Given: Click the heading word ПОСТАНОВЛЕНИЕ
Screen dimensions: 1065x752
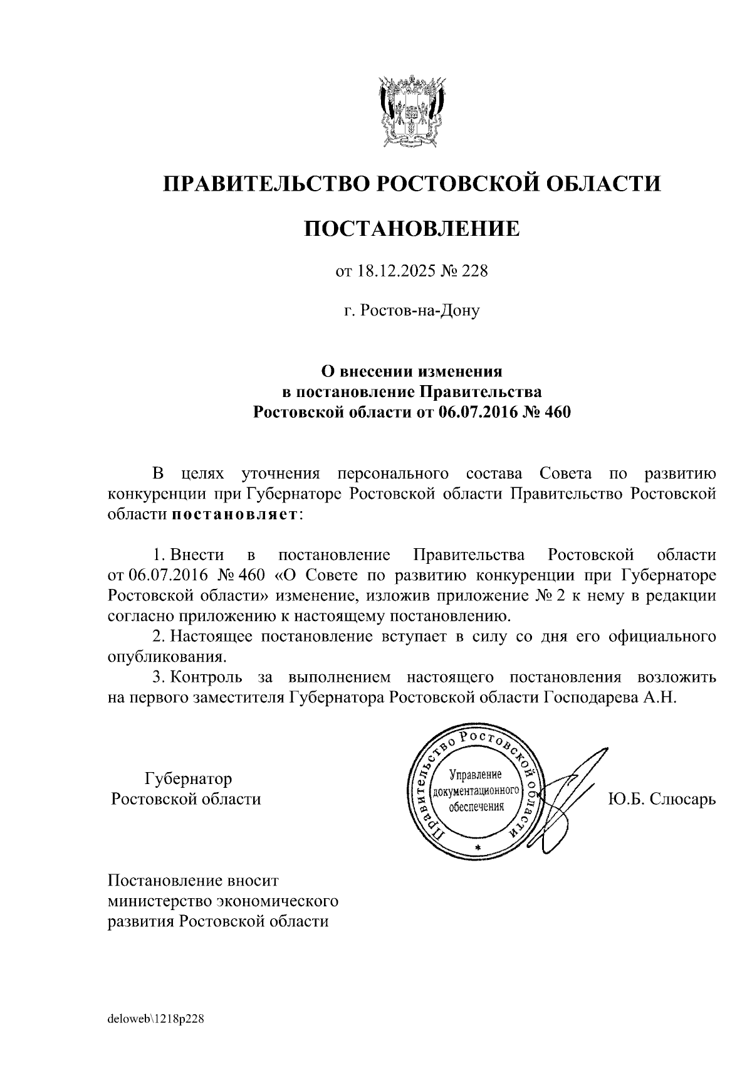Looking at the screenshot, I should point(412,229).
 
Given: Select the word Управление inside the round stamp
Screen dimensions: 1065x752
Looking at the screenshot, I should point(476,776).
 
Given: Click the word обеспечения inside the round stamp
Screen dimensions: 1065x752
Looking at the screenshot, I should point(476,807).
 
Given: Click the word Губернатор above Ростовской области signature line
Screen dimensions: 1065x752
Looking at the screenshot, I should point(188,778).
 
